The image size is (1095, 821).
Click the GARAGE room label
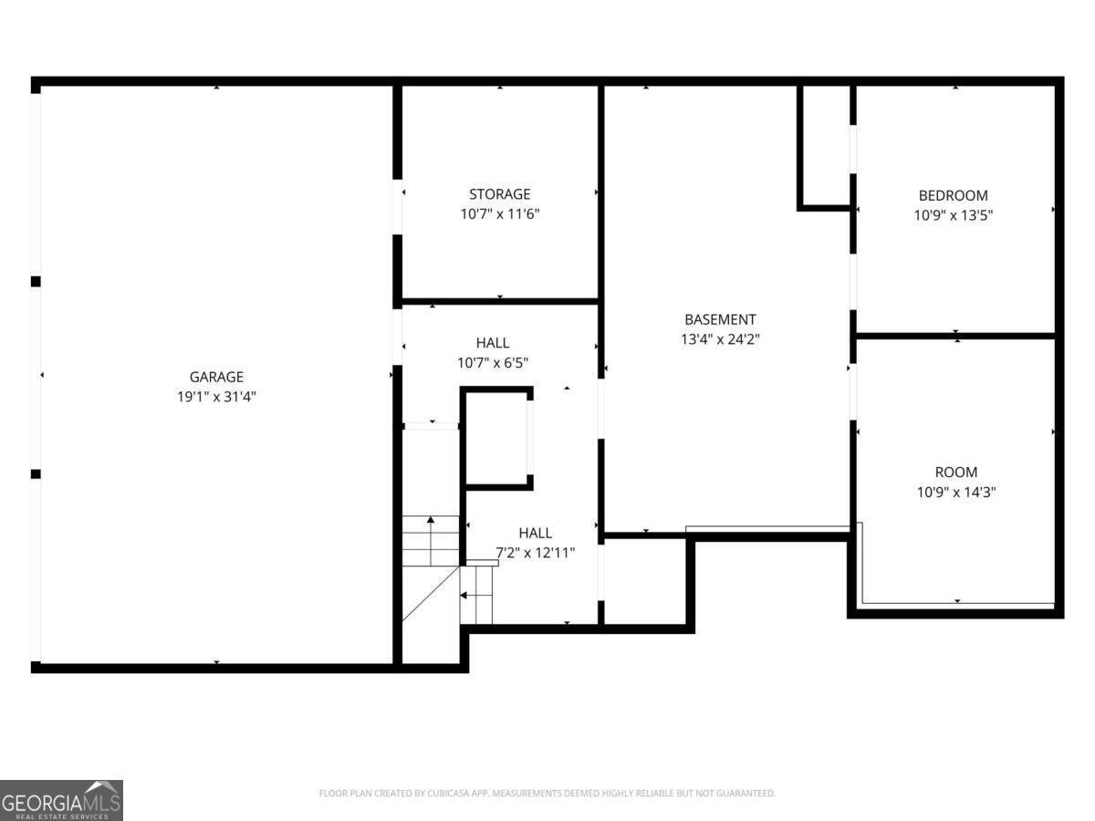(x=216, y=377)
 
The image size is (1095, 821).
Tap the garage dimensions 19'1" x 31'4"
(x=216, y=397)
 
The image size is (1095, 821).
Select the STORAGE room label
(x=499, y=194)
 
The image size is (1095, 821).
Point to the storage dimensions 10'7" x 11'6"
(x=500, y=213)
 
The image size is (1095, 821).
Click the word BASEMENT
(x=720, y=319)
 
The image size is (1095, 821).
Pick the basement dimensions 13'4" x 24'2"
(x=720, y=339)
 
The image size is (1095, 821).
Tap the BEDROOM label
(x=953, y=195)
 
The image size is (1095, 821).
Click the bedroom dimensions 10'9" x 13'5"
(x=953, y=215)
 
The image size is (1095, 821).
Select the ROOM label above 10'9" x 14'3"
(x=955, y=472)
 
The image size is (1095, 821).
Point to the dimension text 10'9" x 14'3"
(x=955, y=492)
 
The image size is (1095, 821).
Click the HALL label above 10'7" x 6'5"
(x=493, y=343)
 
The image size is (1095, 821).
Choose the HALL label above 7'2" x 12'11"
(x=536, y=533)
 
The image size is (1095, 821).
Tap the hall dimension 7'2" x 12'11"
(x=536, y=553)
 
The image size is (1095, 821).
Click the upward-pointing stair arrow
(x=431, y=541)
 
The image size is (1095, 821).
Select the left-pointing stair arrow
(x=476, y=595)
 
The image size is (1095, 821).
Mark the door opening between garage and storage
(x=398, y=207)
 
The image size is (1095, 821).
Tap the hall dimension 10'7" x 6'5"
(x=493, y=363)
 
